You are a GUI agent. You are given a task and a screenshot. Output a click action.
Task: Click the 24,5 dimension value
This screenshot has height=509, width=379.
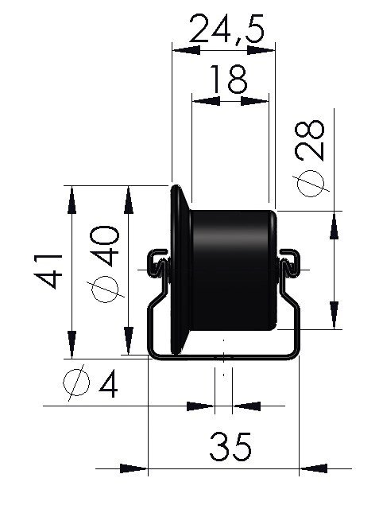tap(226, 29)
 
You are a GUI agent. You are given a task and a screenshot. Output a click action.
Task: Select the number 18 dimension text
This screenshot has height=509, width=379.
tap(229, 79)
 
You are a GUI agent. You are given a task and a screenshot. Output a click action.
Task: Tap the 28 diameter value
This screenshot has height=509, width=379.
tap(310, 141)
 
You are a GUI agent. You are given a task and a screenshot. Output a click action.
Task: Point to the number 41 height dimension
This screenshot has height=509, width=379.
tap(48, 271)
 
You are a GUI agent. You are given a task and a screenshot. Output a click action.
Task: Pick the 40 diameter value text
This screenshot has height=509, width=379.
tap(104, 246)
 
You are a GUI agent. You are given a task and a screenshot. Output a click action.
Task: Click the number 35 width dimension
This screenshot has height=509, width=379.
tap(230, 447)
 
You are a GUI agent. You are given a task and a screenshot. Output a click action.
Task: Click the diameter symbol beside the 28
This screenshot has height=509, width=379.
tap(311, 183)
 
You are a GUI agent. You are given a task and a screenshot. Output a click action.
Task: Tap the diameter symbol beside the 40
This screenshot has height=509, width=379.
tap(106, 289)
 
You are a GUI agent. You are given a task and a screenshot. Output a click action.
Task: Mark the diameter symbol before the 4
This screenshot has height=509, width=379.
tap(75, 383)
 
